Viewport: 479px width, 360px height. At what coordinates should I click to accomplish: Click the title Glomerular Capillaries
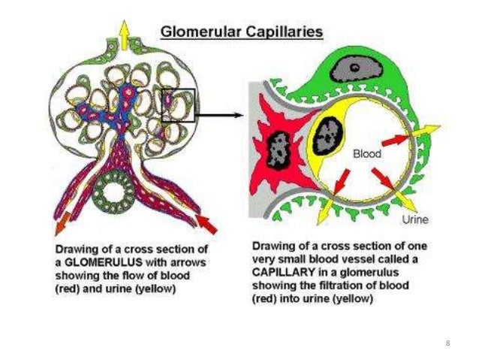coord(243,32)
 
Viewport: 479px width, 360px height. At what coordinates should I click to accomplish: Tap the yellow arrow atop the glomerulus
coord(121,30)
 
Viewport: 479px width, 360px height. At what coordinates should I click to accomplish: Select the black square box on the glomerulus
coord(179,104)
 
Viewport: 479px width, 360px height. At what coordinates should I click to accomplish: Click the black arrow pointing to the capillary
coord(221,115)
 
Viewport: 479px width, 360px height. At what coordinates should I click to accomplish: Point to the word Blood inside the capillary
coord(367,153)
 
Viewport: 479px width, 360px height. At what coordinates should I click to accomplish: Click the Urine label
coord(415,220)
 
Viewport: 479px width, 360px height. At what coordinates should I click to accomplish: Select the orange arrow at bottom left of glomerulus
coord(59,224)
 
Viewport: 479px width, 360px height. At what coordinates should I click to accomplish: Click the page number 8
coord(447,343)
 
